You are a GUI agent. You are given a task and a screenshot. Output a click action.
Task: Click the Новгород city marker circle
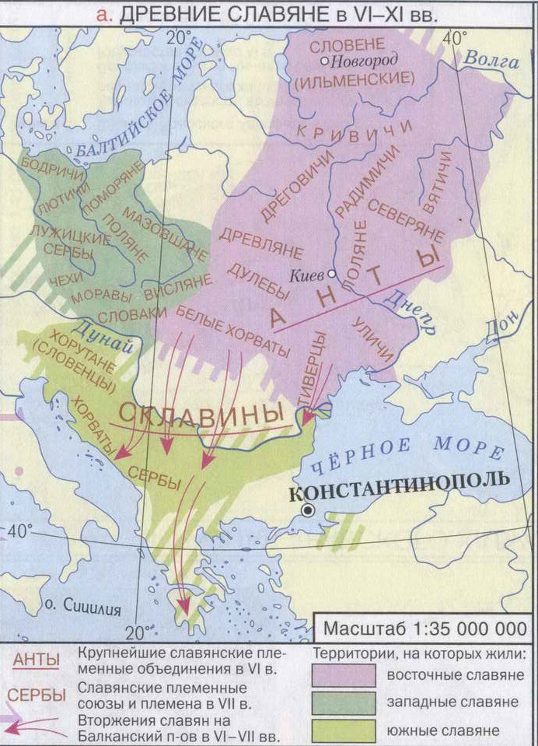tap(325, 61)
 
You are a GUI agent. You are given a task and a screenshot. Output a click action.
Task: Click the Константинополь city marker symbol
tap(309, 510)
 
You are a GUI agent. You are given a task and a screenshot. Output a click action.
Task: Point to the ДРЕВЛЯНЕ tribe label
tap(249, 243)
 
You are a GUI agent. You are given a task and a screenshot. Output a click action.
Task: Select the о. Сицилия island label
tap(84, 608)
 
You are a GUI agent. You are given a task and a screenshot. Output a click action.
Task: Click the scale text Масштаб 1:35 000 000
tap(424, 627)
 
